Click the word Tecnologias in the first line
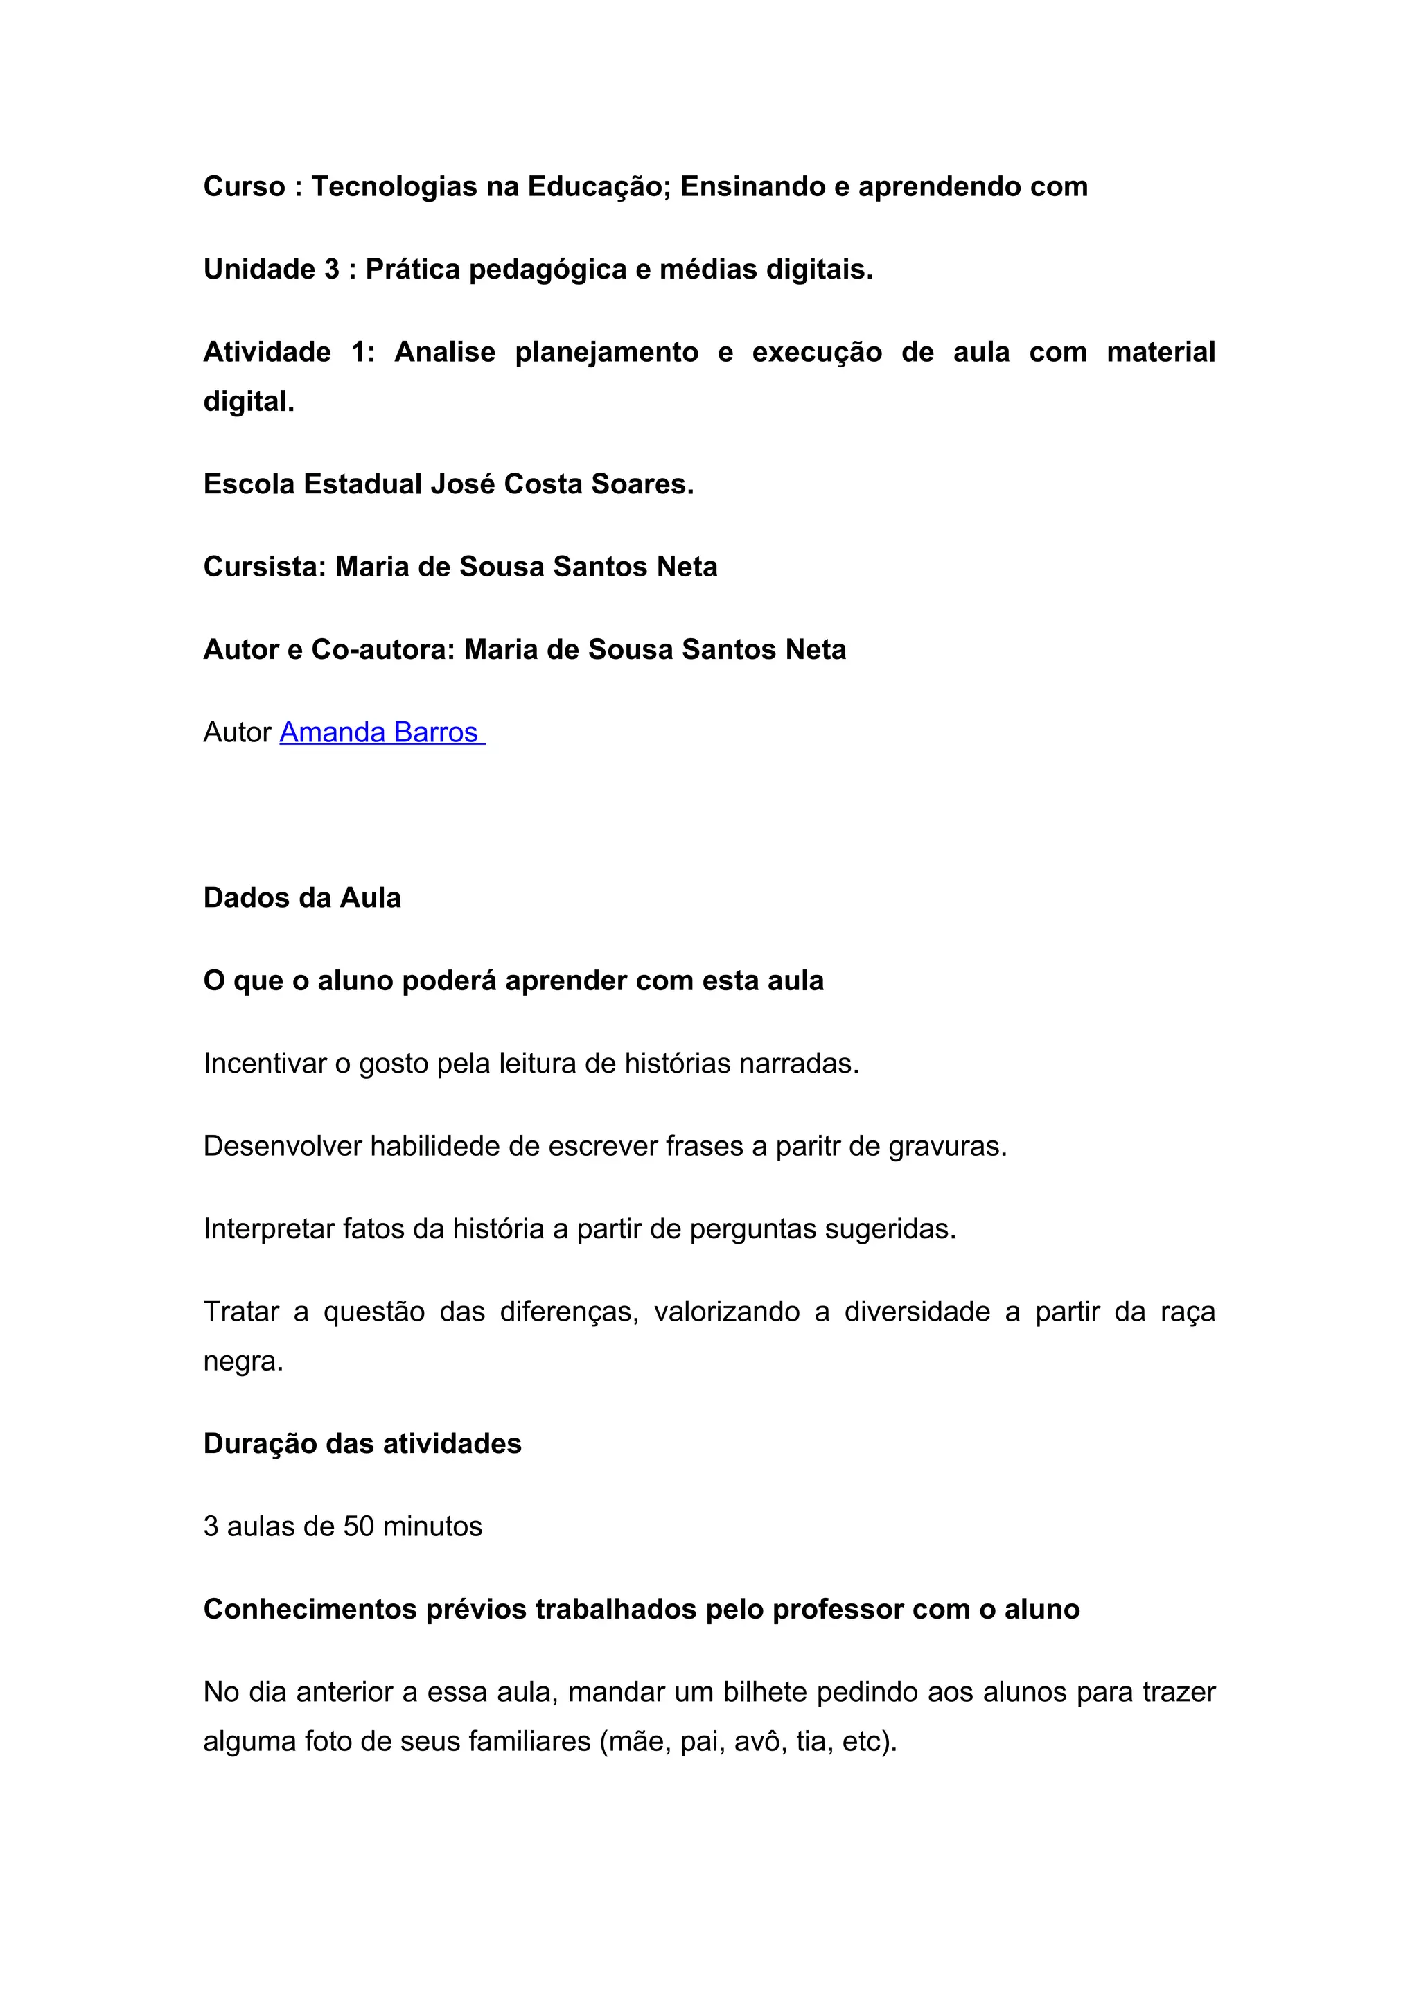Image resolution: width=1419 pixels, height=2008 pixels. [394, 186]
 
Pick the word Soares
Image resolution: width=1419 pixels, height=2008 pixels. [642, 484]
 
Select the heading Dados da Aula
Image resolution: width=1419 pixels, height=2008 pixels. [301, 898]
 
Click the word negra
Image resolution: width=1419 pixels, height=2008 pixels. [243, 1362]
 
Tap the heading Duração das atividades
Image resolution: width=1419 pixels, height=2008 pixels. [362, 1444]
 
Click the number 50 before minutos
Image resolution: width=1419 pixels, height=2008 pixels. [358, 1527]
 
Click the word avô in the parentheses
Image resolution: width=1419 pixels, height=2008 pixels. [757, 1741]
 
